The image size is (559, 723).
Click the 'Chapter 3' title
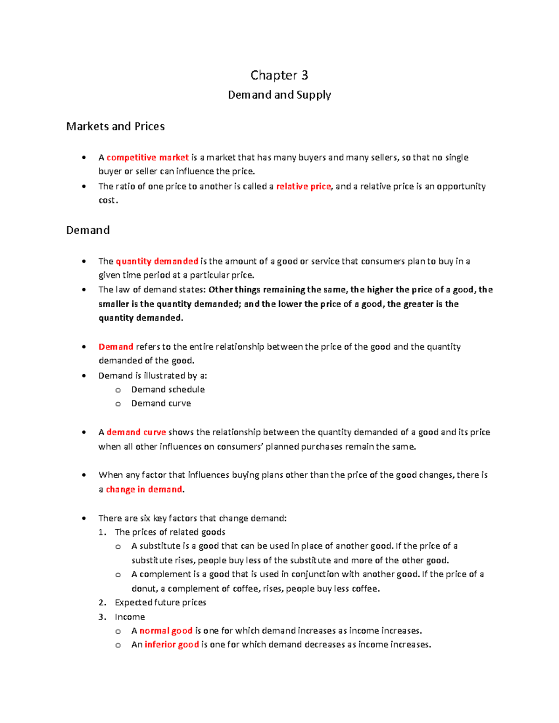coord(279,75)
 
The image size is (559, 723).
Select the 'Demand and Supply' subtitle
coord(279,95)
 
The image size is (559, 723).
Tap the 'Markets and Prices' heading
coord(116,127)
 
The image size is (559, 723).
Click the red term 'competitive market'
coord(148,157)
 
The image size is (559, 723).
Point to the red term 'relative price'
coord(303,186)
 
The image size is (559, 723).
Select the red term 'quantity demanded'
coord(157,261)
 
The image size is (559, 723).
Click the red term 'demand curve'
coord(136,432)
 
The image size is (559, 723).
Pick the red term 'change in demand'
coord(144,489)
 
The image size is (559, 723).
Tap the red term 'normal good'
coord(166,631)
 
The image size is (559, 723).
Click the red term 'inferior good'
coord(171,645)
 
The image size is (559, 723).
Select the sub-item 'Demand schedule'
coord(168,389)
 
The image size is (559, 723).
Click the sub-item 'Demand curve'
coord(161,403)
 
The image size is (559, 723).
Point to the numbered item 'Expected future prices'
coord(160,602)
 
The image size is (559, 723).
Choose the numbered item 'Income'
coord(130,617)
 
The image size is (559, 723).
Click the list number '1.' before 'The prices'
coord(102,532)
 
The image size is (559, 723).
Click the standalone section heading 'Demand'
coord(88,230)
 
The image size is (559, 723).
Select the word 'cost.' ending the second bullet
coord(108,200)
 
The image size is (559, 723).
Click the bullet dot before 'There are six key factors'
coord(84,518)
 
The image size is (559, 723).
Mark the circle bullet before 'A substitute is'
coord(118,547)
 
